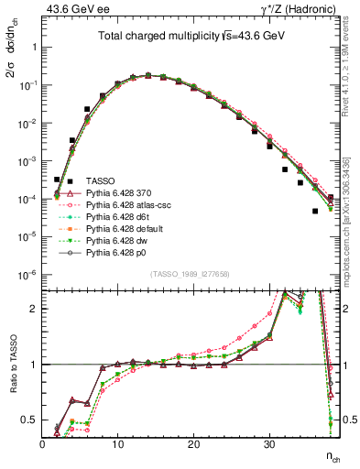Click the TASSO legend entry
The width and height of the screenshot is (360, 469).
(99, 180)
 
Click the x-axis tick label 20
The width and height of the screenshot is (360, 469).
(193, 444)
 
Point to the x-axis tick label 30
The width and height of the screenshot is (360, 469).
(268, 444)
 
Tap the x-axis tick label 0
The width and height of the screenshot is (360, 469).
(43, 444)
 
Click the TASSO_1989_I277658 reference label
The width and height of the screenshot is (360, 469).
(191, 274)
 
